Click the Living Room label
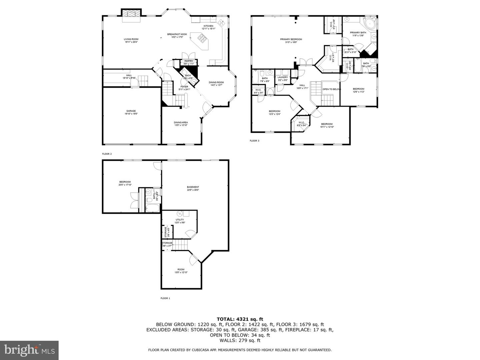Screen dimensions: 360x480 [x=131, y=39]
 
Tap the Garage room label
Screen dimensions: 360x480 [x=131, y=111]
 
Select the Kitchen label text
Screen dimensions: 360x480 [x=208, y=26]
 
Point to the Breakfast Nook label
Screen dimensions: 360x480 [x=177, y=34]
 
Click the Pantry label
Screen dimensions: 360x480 [x=189, y=61]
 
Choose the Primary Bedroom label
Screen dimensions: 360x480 [x=291, y=39]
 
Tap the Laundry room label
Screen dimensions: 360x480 [x=283, y=77]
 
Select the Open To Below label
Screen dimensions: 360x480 [x=331, y=89]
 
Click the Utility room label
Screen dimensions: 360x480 [x=180, y=220]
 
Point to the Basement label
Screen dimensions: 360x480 [x=193, y=187]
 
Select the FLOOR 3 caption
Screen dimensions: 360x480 [x=254, y=141]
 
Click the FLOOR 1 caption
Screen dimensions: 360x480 [x=165, y=298]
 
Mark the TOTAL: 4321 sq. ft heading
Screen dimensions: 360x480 [x=240, y=319]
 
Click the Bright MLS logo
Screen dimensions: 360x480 [x=29, y=350]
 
